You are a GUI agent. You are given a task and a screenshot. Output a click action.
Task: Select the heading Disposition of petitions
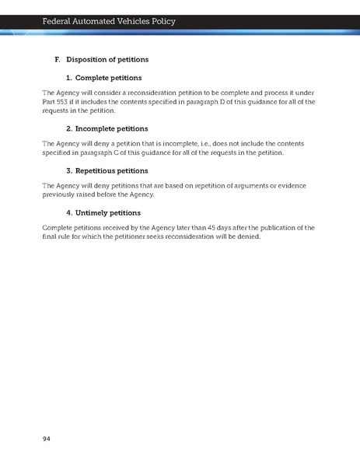coord(107,60)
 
